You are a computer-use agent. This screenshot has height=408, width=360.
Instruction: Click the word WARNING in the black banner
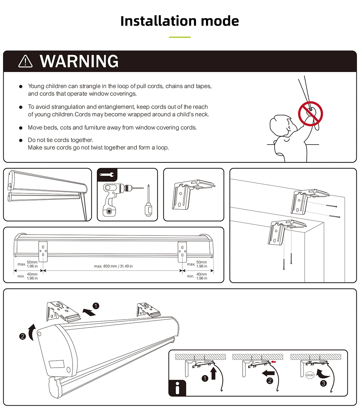(79, 61)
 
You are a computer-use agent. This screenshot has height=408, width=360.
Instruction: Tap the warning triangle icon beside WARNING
(25, 62)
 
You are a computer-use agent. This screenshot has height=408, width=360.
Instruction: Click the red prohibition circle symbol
(310, 113)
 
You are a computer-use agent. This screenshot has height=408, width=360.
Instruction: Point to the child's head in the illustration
(281, 125)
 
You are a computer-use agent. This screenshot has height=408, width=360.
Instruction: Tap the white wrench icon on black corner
(107, 174)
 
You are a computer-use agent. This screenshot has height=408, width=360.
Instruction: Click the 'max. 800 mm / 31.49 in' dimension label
(113, 266)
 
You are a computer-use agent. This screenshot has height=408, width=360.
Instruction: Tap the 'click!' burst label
(310, 375)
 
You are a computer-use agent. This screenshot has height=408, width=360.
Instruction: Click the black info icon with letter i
(177, 388)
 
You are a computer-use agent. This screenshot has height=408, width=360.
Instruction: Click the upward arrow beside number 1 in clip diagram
(213, 373)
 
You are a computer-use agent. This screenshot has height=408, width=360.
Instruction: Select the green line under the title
(180, 37)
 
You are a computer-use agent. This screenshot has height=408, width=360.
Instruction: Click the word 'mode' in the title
(220, 21)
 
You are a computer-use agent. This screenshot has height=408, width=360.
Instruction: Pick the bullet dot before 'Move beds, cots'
(21, 128)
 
